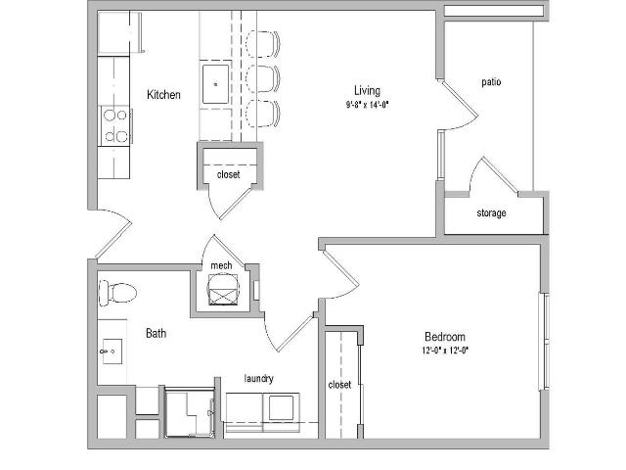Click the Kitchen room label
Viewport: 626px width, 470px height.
(163, 95)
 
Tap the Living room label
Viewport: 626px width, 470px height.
(367, 91)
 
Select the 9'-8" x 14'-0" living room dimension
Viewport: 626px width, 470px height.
(368, 105)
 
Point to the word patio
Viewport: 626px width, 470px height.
(491, 82)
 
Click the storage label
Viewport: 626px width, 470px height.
(491, 212)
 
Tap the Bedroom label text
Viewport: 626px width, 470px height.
(445, 337)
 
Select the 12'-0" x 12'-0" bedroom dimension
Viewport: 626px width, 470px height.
(445, 351)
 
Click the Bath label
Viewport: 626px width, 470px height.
(156, 333)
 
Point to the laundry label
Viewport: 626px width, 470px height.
(258, 378)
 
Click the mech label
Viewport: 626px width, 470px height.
(221, 265)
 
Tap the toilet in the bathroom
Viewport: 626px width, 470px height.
(117, 293)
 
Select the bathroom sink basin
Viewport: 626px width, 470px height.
(112, 352)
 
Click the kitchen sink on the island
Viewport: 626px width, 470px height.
(215, 84)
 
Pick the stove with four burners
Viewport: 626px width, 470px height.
(116, 126)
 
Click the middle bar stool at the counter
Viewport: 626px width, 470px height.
(263, 78)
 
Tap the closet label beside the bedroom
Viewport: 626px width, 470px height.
(339, 385)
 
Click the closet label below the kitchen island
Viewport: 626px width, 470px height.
(228, 174)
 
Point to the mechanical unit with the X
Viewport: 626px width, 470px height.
(224, 290)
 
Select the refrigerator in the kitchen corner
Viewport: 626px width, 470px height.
(119, 33)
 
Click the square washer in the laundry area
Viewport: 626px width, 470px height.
(281, 407)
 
